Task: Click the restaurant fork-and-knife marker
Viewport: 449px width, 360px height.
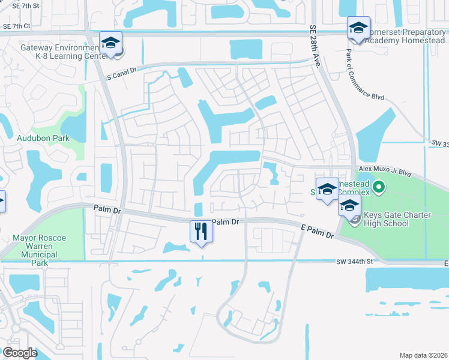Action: [x=201, y=231]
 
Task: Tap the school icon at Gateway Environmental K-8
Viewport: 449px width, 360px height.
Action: [x=110, y=43]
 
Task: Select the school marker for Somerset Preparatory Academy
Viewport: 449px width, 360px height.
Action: [x=358, y=28]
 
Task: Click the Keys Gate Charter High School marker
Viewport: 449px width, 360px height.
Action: [x=349, y=206]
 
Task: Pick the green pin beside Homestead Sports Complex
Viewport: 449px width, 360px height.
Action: [x=378, y=188]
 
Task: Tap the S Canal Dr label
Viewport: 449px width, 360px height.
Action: [x=122, y=76]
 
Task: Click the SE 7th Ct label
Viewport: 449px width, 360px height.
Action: [x=16, y=26]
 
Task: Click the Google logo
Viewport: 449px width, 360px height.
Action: [x=20, y=353]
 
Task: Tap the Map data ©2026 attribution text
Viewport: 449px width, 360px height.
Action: [x=423, y=355]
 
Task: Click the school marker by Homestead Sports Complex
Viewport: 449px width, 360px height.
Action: [x=327, y=189]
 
